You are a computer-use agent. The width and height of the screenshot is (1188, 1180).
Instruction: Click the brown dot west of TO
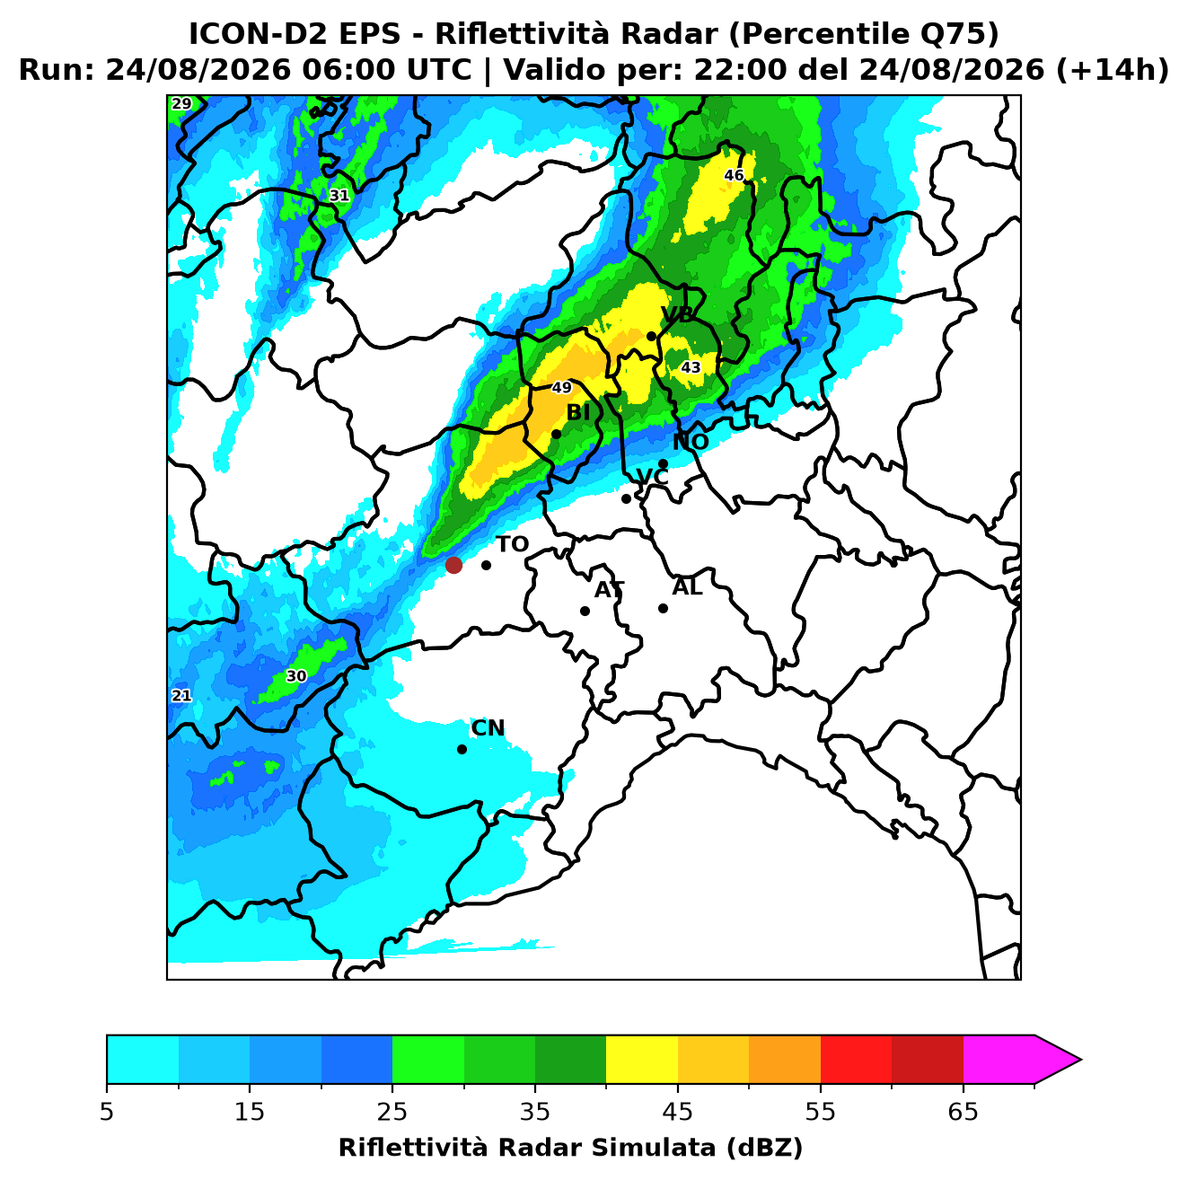tap(453, 565)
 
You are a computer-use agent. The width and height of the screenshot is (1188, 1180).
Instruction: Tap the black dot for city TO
tap(486, 565)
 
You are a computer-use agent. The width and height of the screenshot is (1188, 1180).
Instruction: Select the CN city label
tap(488, 728)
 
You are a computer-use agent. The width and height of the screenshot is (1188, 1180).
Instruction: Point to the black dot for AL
tap(663, 608)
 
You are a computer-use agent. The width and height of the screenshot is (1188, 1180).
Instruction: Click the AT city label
tap(609, 590)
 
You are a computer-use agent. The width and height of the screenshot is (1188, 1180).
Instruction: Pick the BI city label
tap(577, 413)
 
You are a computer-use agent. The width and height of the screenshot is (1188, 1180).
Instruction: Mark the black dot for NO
tap(663, 464)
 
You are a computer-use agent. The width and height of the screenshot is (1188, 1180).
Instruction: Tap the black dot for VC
tap(626, 498)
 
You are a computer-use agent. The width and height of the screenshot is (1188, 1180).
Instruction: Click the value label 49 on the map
tap(561, 388)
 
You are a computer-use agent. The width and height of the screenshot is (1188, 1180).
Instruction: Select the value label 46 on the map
tap(734, 175)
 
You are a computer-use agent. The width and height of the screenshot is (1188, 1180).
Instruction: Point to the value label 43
tap(690, 367)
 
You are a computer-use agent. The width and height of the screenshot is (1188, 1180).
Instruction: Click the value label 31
tap(339, 196)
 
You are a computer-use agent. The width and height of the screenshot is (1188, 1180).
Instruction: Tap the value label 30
tap(296, 676)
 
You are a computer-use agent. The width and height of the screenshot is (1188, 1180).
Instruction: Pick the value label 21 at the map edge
tap(181, 696)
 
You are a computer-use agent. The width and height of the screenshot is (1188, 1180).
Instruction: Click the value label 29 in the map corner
tap(181, 103)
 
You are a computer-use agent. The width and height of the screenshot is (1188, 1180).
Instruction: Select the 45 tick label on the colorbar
tap(678, 1112)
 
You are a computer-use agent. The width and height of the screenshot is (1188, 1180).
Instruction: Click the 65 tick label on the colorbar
tap(963, 1112)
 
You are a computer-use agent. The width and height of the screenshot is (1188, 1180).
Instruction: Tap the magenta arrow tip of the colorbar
tap(1080, 1060)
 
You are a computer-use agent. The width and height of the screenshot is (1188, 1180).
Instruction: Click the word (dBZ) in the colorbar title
tap(764, 1148)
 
